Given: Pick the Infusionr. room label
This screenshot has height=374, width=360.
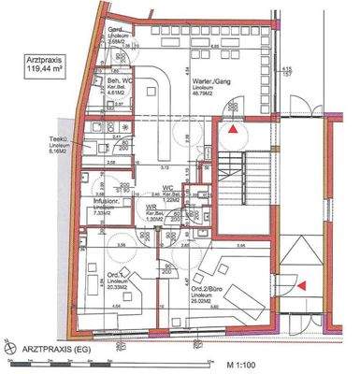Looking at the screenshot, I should [x=108, y=199].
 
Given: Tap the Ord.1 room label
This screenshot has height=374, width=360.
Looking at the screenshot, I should [x=118, y=274].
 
